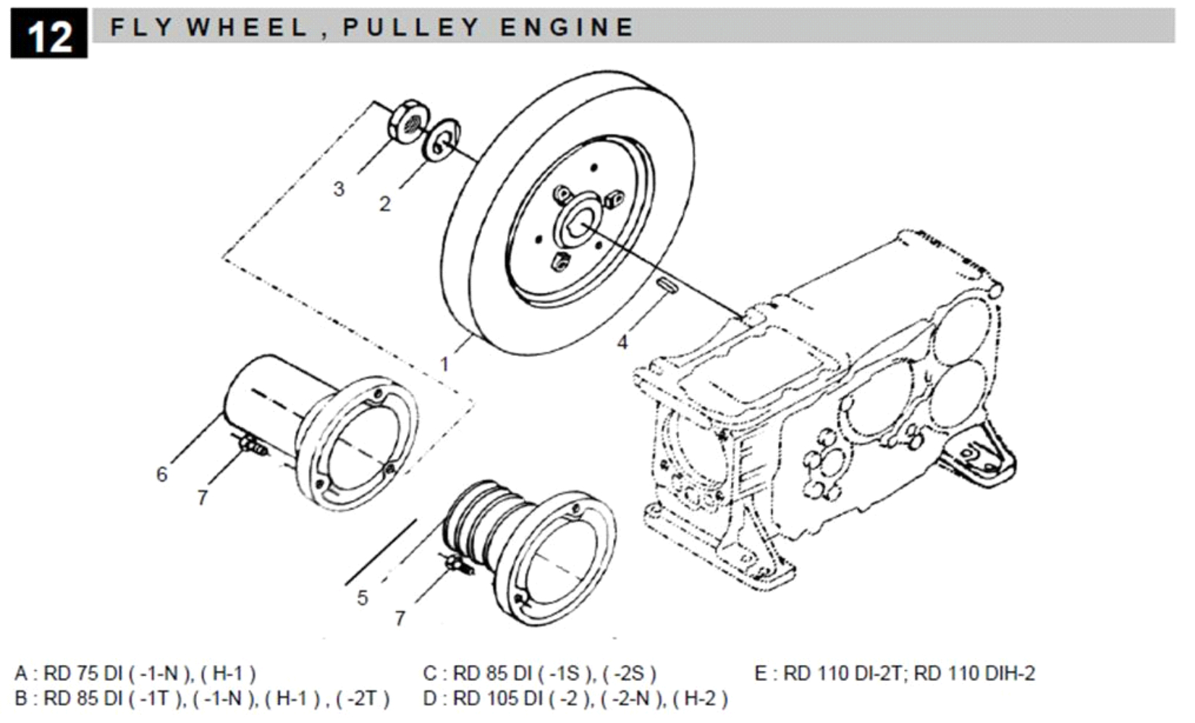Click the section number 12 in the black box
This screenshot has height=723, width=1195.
click(48, 34)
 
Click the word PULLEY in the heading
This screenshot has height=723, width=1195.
click(411, 28)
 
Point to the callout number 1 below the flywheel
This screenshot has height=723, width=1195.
click(445, 363)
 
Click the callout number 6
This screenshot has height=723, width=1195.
click(162, 475)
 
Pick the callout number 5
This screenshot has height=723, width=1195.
click(363, 598)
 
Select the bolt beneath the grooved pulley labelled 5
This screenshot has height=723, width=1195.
click(457, 566)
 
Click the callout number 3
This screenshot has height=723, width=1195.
click(339, 189)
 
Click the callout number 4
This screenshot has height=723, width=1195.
click(622, 342)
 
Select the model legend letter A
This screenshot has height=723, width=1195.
click(21, 674)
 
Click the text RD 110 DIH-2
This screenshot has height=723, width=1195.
click(974, 674)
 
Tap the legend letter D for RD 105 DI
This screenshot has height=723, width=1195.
click(431, 699)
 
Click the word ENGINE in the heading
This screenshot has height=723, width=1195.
click(566, 28)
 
